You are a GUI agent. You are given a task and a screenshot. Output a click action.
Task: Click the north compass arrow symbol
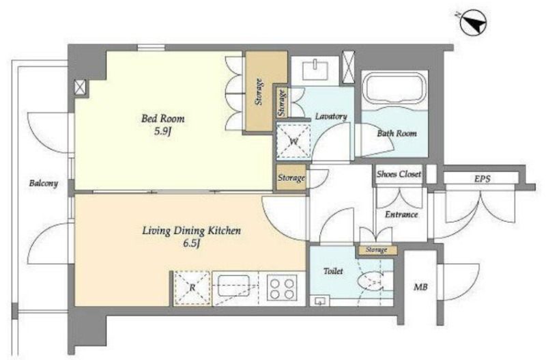(x=474, y=22)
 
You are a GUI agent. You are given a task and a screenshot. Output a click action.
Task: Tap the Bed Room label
(x=162, y=118)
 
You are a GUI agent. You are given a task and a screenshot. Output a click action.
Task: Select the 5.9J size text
(x=163, y=132)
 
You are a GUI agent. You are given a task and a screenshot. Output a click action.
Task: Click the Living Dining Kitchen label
(x=191, y=231)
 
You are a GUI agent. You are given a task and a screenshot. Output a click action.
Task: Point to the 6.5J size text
(x=191, y=244)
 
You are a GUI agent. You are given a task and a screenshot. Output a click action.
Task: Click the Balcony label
(x=43, y=183)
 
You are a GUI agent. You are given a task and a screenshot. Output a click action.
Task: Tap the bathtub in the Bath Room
(x=394, y=89)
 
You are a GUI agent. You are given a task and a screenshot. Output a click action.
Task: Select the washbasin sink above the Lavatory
(x=315, y=70)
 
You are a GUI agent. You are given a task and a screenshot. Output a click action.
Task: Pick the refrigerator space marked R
(x=192, y=288)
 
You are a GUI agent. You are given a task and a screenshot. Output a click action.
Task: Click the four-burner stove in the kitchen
(x=282, y=288)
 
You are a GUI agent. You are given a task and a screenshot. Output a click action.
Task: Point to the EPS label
(x=483, y=179)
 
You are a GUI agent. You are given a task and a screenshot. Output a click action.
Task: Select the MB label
(x=420, y=288)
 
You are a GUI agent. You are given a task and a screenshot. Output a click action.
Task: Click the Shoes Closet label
(x=399, y=174)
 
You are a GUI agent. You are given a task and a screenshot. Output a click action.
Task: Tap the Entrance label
(x=401, y=214)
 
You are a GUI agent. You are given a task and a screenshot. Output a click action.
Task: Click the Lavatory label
(x=331, y=116)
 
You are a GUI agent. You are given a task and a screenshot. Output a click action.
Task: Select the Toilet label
(x=333, y=271)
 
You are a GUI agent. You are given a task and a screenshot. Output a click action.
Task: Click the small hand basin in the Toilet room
(x=319, y=301)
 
